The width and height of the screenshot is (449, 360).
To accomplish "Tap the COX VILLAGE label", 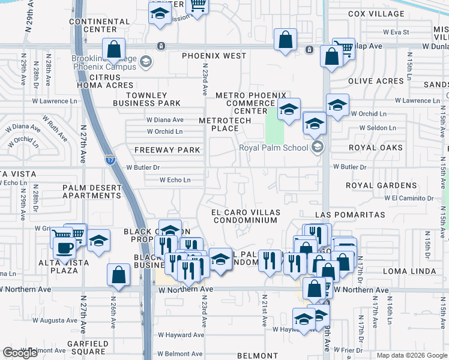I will point(376,14).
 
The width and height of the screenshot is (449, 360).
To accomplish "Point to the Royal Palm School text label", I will point(273,148).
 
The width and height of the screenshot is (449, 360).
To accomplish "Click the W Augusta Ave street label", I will point(59,321).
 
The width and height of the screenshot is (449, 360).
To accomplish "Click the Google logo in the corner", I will point(20,353).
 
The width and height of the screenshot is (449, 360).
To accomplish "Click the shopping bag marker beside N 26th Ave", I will point(119,275).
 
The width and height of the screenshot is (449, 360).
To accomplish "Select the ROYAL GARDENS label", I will point(381,186).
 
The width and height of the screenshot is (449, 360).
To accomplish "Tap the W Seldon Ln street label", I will point(378,128).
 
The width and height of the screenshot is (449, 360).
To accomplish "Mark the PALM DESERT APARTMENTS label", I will point(92,191).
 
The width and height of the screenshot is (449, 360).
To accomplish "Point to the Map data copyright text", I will point(412,355).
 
